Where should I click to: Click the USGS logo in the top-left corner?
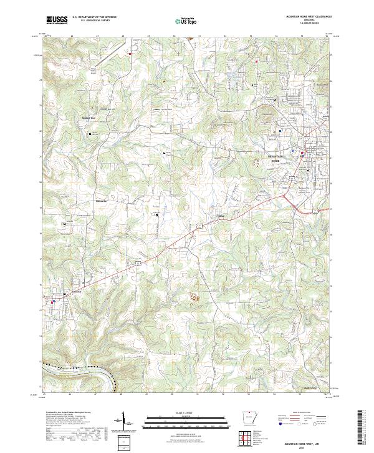click(x=57, y=20)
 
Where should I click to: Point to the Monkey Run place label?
click(x=91, y=117)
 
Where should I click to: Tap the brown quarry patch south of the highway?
click(x=193, y=297)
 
